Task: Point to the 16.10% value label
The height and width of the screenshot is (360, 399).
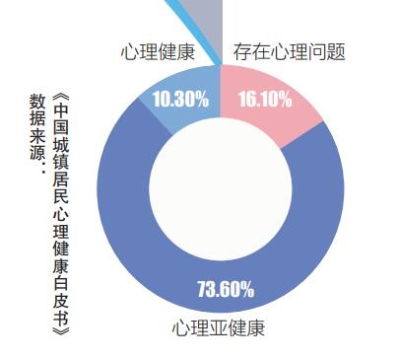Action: coord(264,99)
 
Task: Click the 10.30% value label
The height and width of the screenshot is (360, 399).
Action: coord(179,99)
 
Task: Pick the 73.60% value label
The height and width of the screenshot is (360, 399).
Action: coord(226,290)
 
